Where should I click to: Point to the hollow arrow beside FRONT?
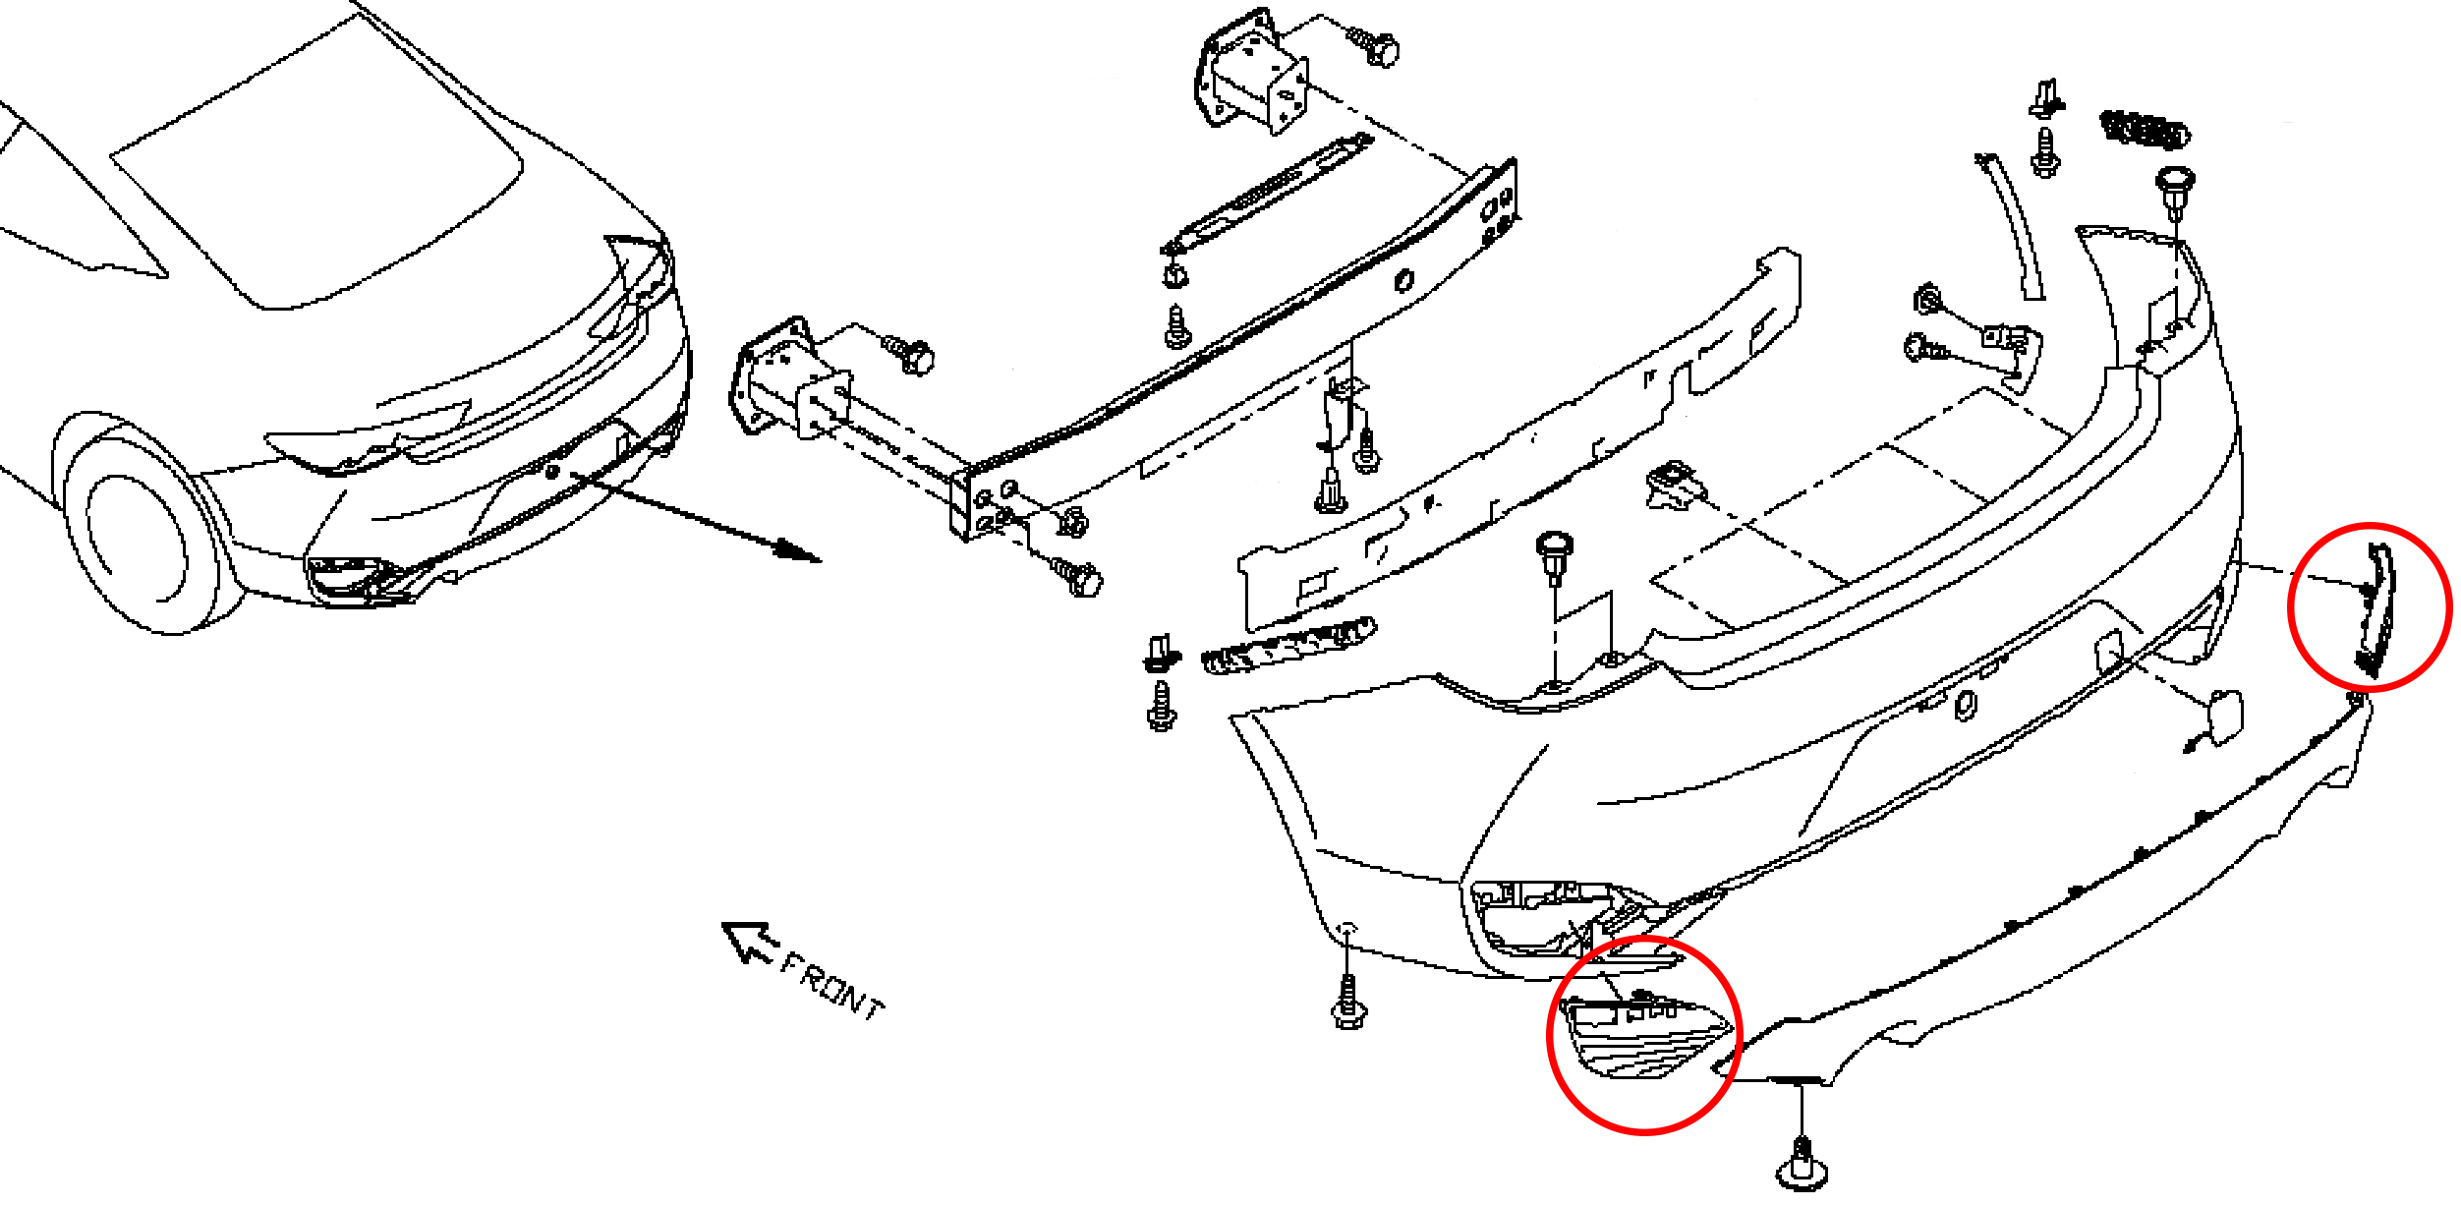(x=750, y=941)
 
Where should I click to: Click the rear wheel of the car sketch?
(x=147, y=532)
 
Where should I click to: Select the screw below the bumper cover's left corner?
(x=1349, y=1001)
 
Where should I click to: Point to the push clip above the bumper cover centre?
(x=1554, y=557)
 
